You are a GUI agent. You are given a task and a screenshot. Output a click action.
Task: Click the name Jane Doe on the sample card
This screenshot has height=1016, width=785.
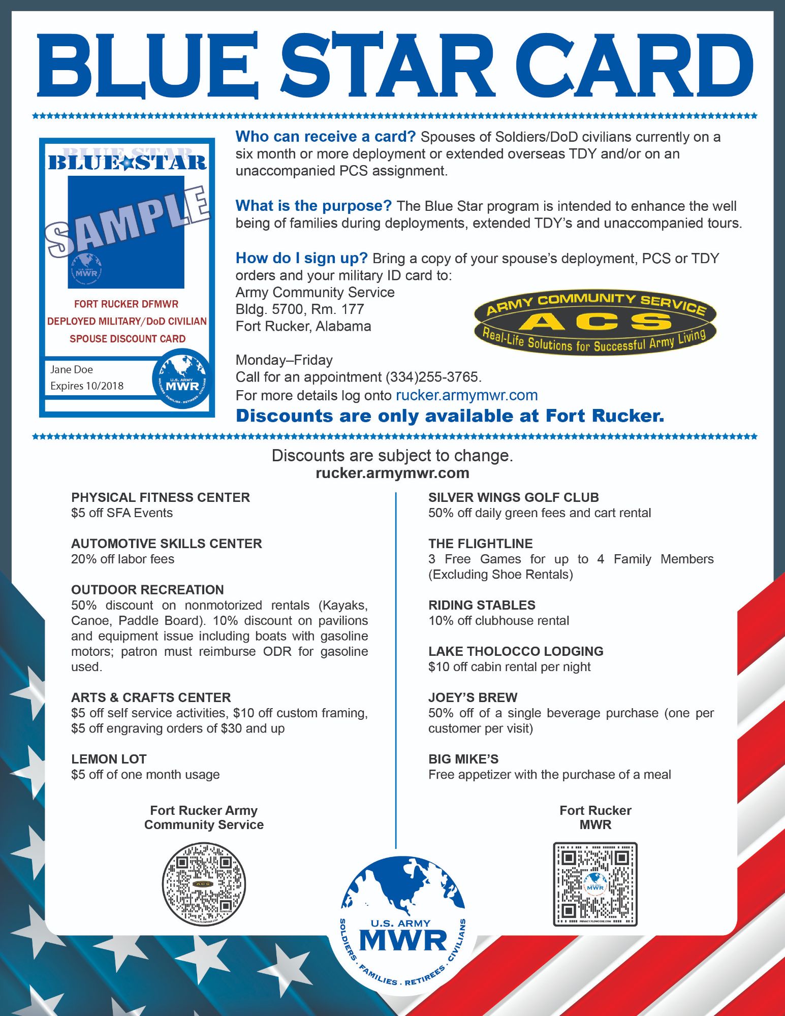coord(72,369)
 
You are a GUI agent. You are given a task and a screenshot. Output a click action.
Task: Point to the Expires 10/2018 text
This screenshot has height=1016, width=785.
coord(87,386)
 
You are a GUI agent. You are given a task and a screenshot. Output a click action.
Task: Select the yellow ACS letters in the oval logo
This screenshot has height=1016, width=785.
coord(595,321)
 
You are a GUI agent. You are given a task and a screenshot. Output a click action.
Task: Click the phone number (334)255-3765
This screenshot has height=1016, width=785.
coord(433,377)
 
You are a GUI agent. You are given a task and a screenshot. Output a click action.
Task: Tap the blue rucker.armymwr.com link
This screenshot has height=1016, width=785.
coord(466,395)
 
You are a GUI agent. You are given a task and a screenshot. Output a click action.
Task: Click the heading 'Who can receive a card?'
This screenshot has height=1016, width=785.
coord(326,137)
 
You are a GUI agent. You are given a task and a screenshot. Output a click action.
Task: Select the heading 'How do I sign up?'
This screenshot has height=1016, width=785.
coord(301,258)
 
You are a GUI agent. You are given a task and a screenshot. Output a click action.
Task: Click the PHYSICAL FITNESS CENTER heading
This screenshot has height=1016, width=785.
coord(161,497)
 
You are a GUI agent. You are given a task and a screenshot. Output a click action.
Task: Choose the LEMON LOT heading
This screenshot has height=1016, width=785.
coord(109,759)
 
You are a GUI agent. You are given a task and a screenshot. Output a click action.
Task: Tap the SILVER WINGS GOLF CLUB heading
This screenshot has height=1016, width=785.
coord(513,497)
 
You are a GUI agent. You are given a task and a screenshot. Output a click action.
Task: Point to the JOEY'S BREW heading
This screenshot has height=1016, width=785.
coord(473,697)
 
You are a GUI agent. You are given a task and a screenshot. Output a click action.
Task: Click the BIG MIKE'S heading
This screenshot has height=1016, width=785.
coord(463,759)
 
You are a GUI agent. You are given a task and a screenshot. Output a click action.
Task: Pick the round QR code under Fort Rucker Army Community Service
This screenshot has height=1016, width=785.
coord(204,884)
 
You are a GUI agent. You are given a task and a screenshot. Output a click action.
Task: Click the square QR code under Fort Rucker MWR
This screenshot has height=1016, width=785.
coord(595,884)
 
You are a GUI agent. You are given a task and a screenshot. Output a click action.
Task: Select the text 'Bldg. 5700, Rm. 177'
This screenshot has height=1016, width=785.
coord(300,309)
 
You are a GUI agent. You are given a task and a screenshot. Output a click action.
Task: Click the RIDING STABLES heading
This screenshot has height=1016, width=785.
coord(482,605)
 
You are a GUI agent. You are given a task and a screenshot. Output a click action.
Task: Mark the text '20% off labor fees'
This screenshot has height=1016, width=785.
coord(122,559)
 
